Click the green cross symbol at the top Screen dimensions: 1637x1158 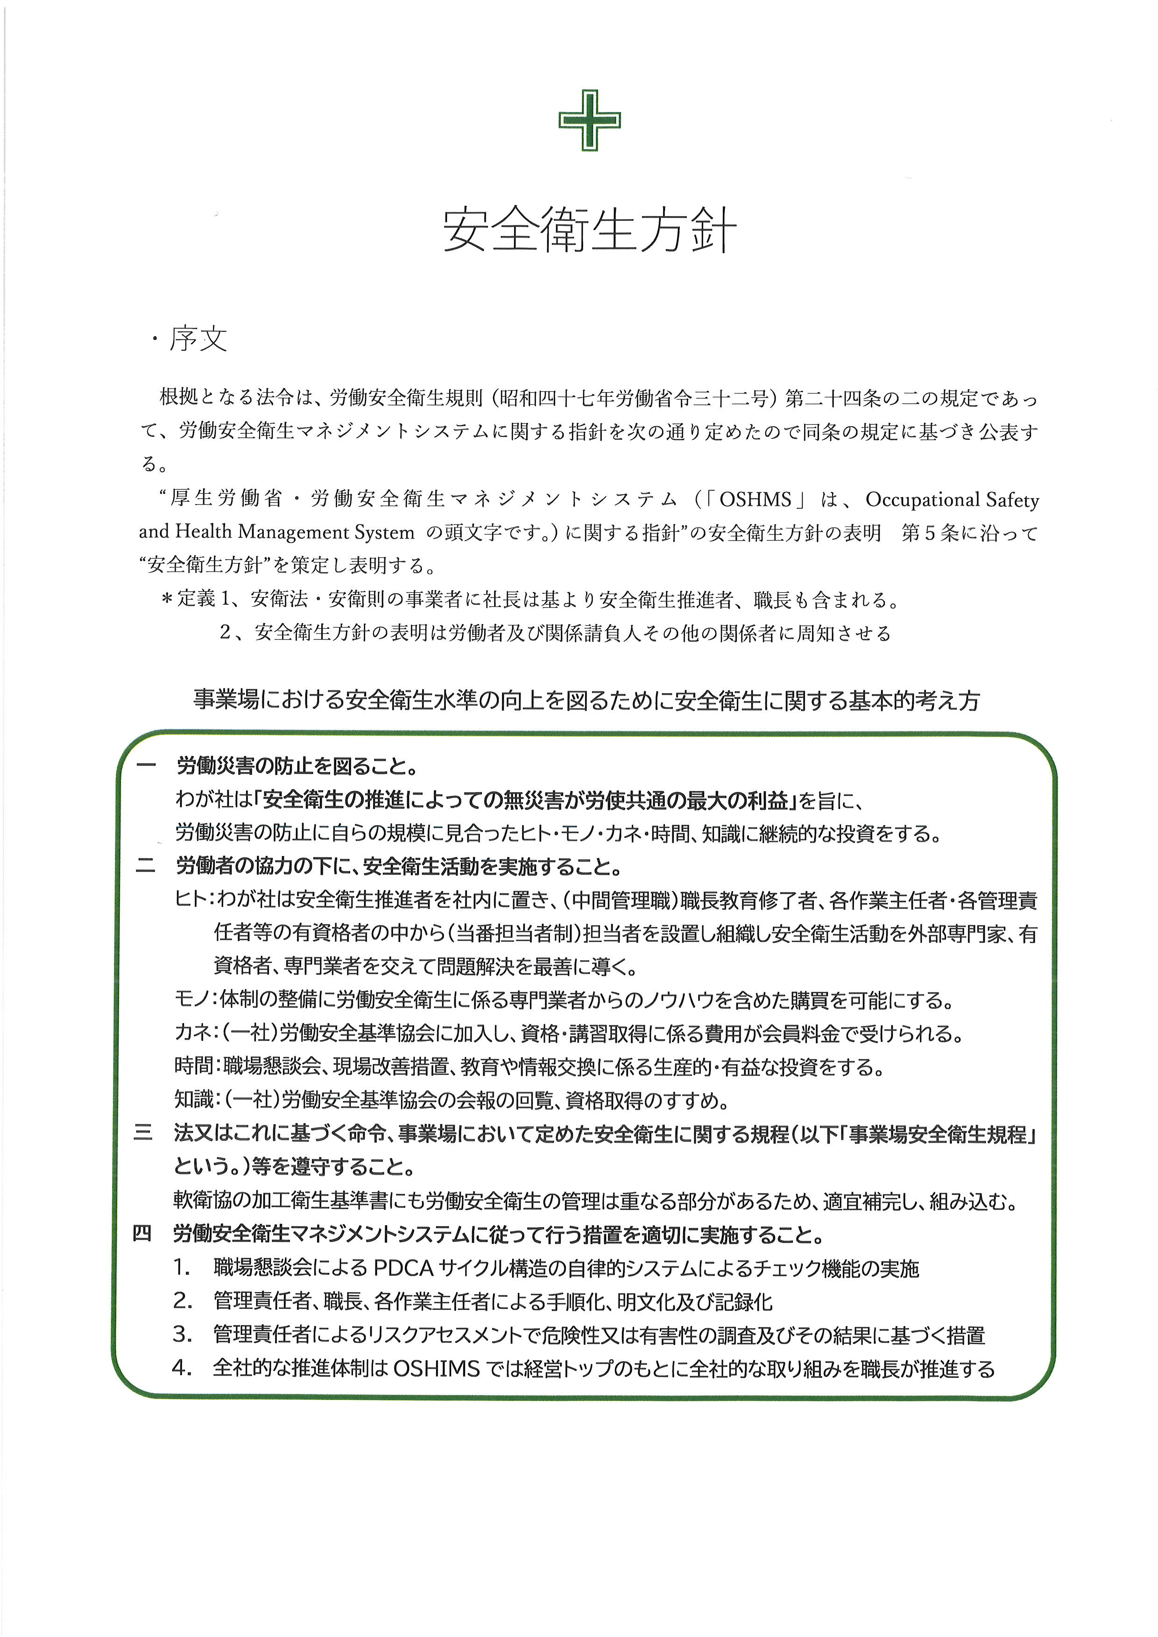point(589,120)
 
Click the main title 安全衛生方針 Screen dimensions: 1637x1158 point(589,230)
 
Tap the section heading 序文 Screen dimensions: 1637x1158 point(198,339)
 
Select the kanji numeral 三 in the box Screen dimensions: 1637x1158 point(143,1134)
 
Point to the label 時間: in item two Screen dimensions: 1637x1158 point(195,1068)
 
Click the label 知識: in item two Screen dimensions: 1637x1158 point(195,1100)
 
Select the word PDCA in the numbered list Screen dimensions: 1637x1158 point(403,1268)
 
